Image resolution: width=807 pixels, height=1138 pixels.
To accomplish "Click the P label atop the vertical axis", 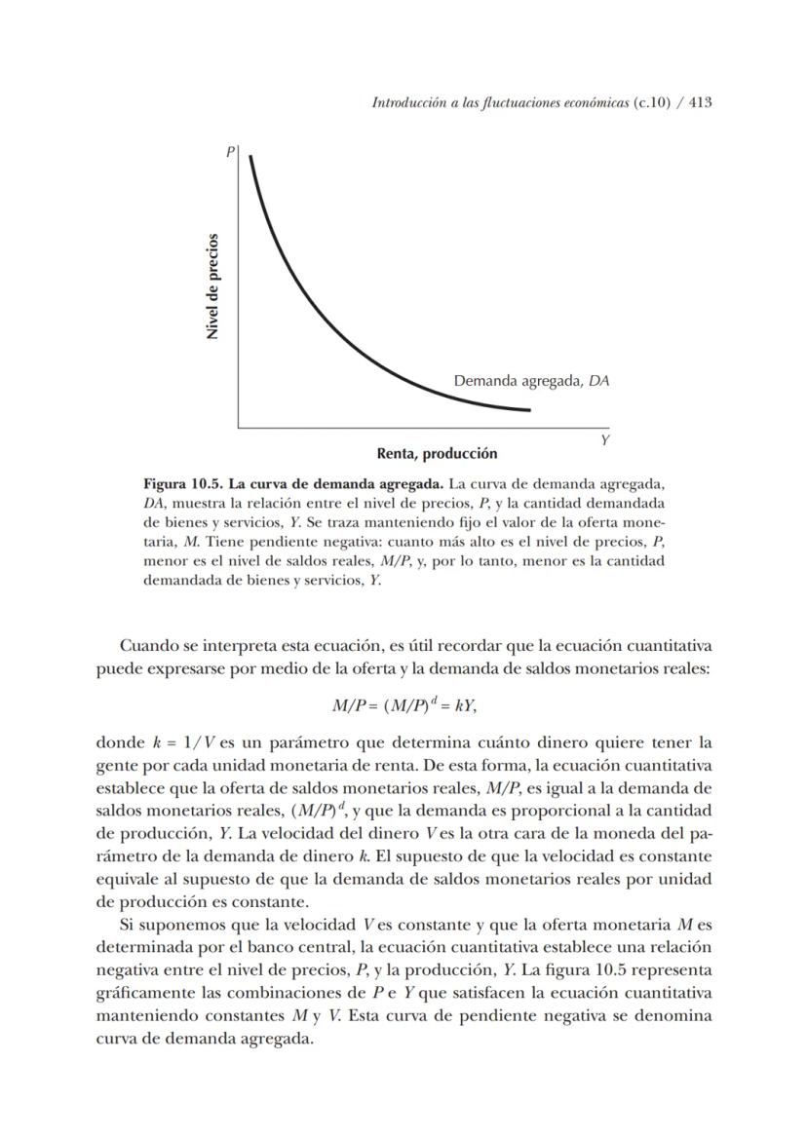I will pyautogui.click(x=231, y=152).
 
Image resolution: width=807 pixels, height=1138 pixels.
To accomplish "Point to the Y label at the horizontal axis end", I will pyautogui.click(x=604, y=440).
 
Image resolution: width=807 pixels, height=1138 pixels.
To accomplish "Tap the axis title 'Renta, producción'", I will pyautogui.click(x=437, y=453).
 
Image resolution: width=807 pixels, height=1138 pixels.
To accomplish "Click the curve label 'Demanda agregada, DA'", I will pyautogui.click(x=531, y=382).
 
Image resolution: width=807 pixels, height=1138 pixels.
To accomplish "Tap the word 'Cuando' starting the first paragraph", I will pyautogui.click(x=147, y=645).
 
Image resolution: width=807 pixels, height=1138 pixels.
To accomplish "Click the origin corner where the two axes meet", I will pyautogui.click(x=239, y=427).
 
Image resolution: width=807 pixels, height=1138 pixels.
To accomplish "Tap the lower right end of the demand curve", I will pyautogui.click(x=529, y=409).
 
